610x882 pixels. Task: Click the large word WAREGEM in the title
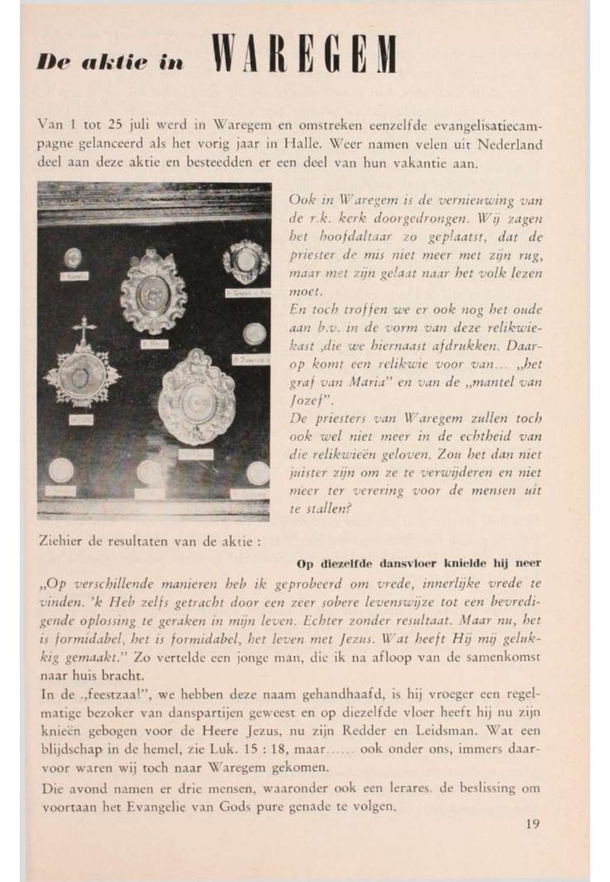303,55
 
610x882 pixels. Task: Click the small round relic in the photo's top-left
73,257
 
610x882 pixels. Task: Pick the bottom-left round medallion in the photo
60,470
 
